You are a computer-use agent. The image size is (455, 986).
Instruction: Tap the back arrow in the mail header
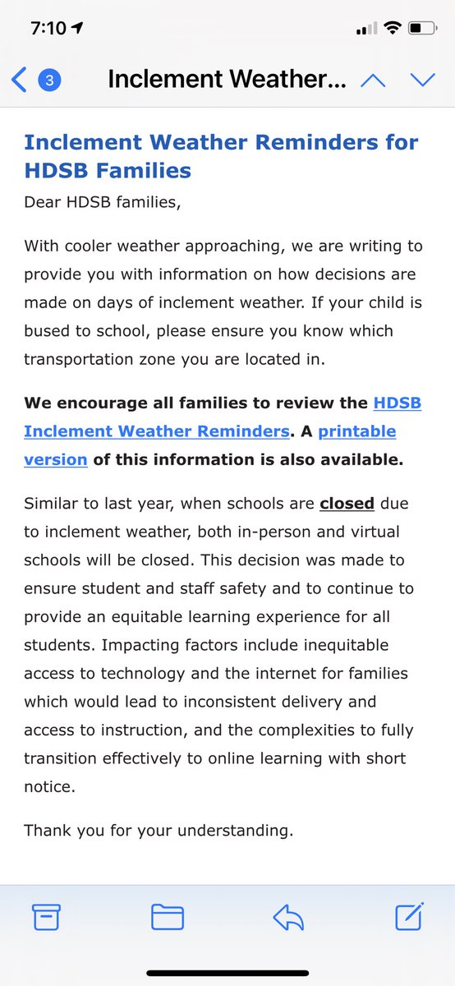coord(19,80)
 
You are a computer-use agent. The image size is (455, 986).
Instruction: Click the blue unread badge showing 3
coord(50,80)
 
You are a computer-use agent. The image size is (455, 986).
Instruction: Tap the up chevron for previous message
coord(373,80)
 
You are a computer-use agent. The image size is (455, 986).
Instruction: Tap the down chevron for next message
coord(422,80)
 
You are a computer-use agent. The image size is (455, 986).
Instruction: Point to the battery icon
coord(423,28)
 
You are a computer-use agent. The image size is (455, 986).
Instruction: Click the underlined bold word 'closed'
coord(347,503)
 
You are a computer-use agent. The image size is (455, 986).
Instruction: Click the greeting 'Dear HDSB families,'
coord(101,202)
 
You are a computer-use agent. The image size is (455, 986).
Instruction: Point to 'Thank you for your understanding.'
coord(159,830)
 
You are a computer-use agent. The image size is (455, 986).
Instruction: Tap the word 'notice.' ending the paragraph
coord(49,786)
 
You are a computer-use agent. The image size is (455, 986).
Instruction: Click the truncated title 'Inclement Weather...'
coord(227,80)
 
